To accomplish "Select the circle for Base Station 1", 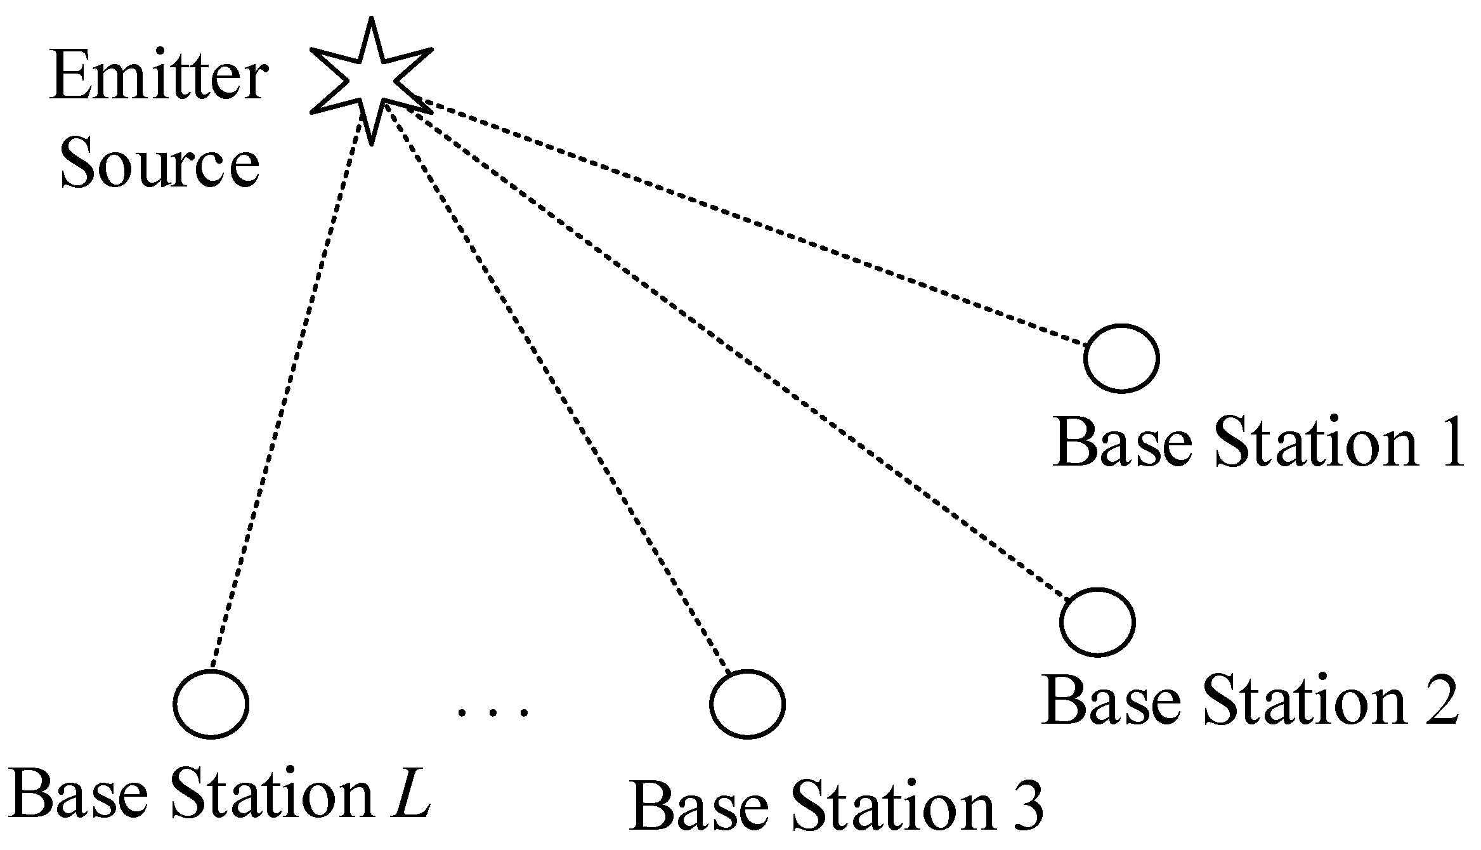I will click(1121, 358).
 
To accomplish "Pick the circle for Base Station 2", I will click(1097, 622).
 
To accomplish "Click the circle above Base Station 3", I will click(747, 705).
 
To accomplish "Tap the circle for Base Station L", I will click(211, 704).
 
